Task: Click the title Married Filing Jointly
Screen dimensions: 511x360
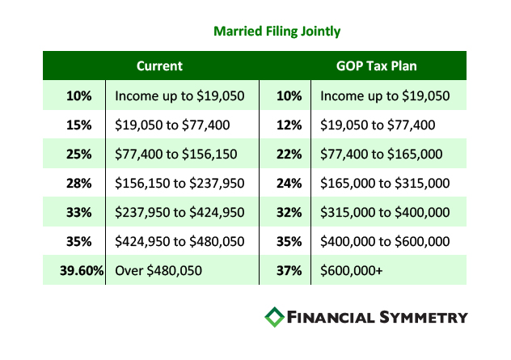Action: pos(277,32)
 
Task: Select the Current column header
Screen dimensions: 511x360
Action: pos(159,66)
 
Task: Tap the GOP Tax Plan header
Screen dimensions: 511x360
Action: pos(377,66)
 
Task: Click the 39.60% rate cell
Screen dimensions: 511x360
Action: pos(82,271)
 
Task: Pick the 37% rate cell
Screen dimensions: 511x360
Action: pos(289,271)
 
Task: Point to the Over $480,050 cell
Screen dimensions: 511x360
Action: pos(158,271)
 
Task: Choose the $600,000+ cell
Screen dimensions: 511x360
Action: pos(351,271)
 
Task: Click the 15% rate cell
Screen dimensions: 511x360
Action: pos(79,125)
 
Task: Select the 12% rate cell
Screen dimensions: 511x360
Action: pos(289,125)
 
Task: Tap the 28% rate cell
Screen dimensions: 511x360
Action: pos(79,184)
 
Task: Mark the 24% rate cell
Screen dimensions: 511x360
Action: pos(289,184)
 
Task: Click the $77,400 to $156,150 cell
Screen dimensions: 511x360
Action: pos(176,155)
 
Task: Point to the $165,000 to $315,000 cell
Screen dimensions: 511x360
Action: pos(385,184)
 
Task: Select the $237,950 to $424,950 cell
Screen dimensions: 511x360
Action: pos(179,213)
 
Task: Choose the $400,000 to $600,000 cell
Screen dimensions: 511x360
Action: pos(385,242)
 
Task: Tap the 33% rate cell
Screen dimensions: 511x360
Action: pos(79,213)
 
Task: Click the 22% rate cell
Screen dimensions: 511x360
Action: pos(289,155)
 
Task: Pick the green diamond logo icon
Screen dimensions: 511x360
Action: pos(274,317)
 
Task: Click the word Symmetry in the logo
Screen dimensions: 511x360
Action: pos(424,317)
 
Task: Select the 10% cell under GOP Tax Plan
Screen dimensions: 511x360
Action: pos(289,96)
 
